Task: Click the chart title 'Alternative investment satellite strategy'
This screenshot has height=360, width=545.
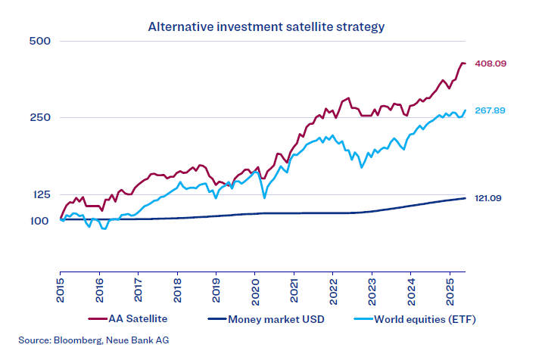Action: (x=266, y=26)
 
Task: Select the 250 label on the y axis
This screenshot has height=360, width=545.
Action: (x=39, y=117)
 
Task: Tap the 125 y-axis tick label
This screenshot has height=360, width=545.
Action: (x=39, y=195)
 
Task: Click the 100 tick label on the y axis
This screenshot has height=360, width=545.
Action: (x=39, y=220)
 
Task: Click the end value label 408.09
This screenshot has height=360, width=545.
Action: (x=490, y=64)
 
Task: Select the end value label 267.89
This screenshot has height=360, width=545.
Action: (x=490, y=110)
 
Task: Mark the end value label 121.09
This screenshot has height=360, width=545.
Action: (x=490, y=198)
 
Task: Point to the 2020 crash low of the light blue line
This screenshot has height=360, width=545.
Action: (x=263, y=198)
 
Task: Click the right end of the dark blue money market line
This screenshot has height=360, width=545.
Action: (x=465, y=198)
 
